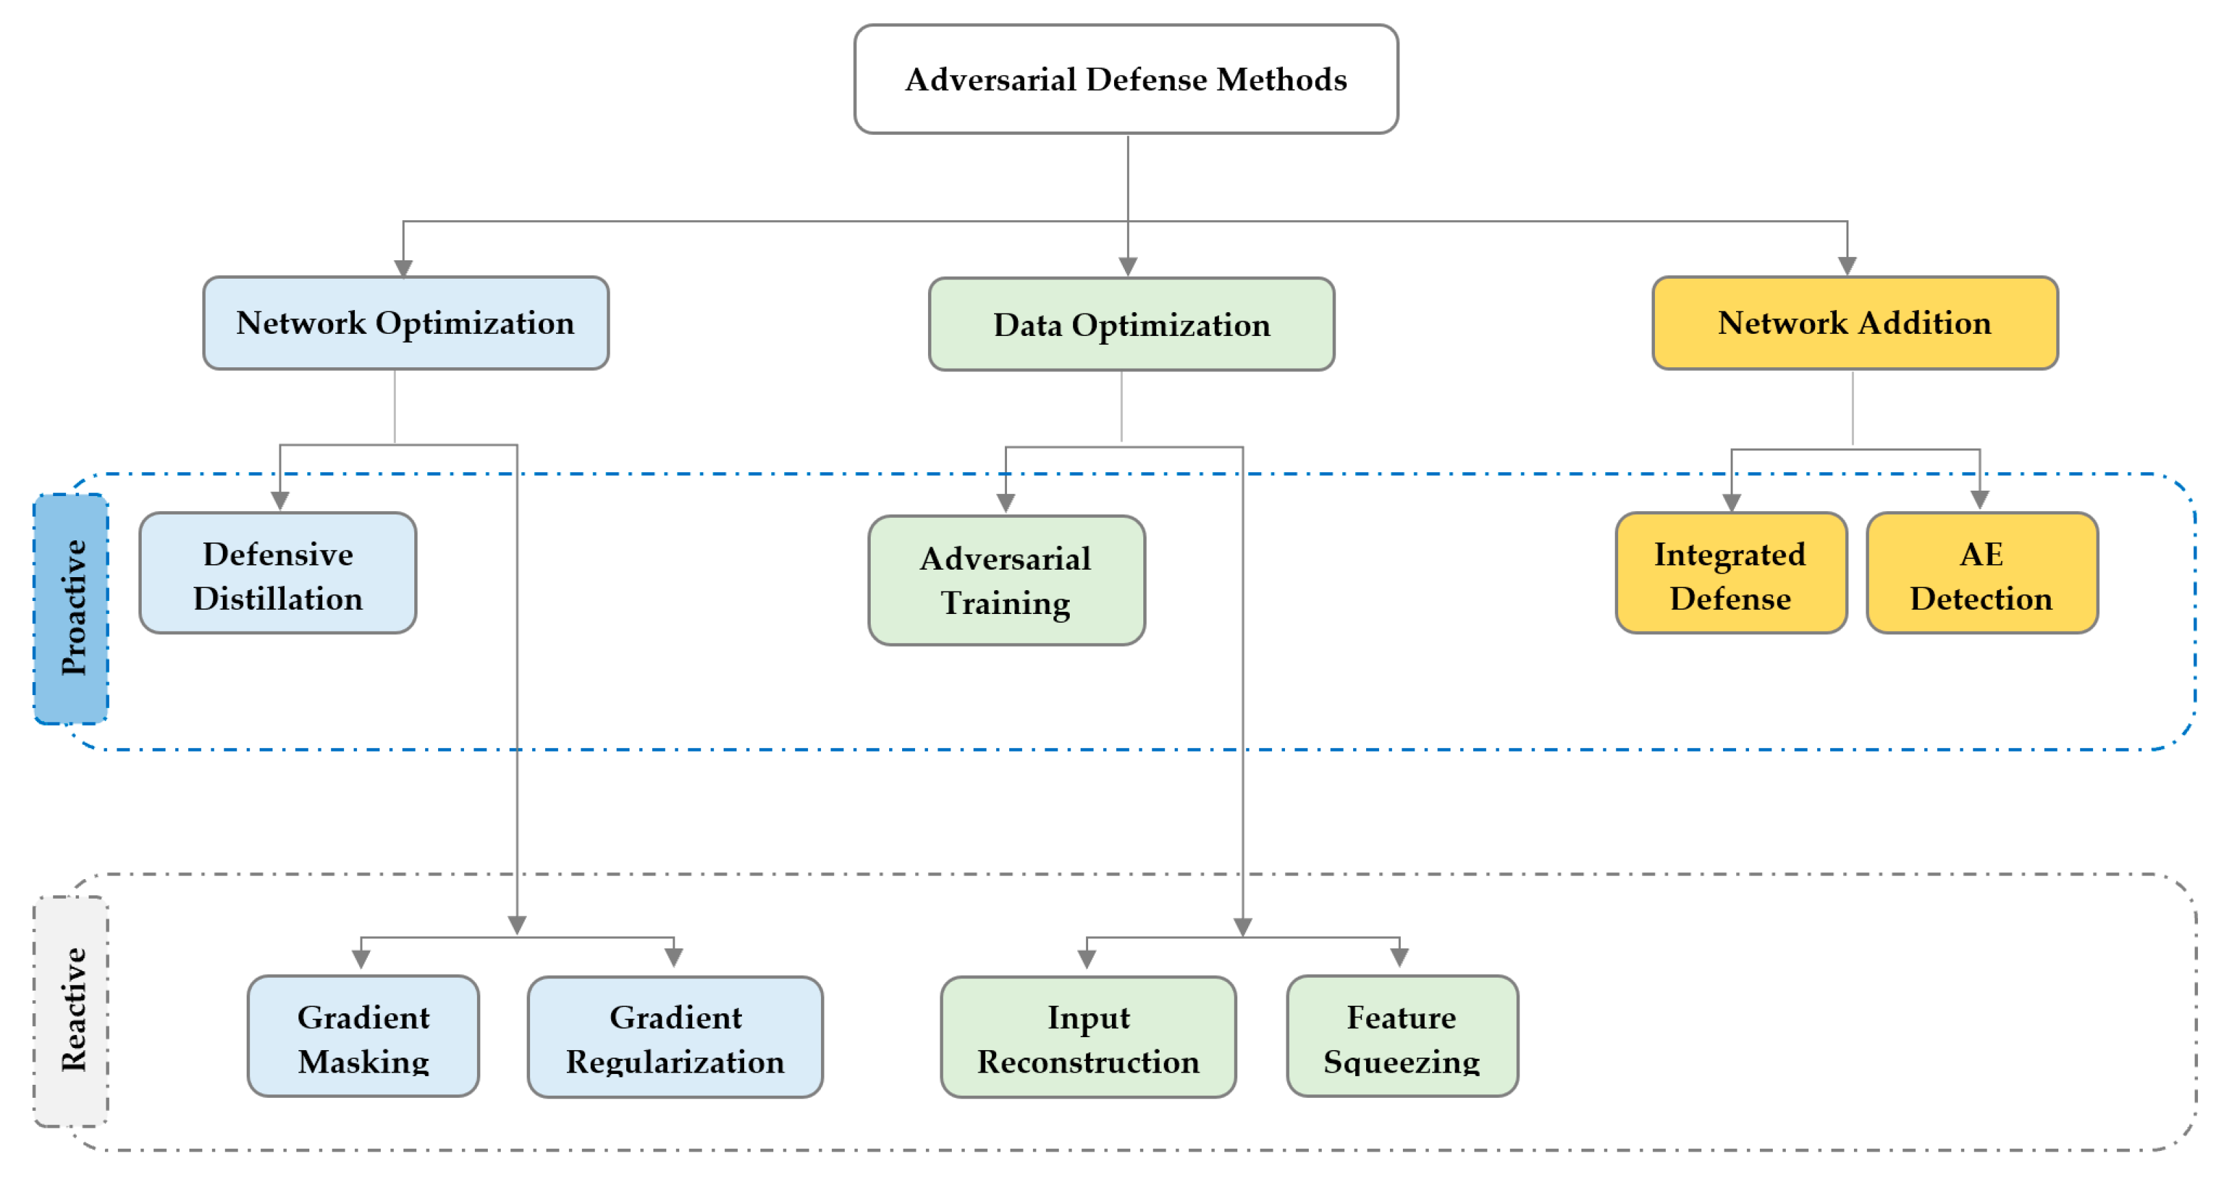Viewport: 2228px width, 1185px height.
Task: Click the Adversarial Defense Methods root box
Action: (1126, 80)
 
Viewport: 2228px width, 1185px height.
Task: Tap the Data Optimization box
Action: (1130, 325)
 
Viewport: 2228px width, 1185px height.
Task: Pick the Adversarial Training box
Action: (1006, 581)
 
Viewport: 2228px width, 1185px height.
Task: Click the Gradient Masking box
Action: (363, 1037)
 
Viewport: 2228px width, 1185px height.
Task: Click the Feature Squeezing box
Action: (1402, 1037)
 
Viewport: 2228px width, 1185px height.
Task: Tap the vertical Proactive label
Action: (72, 608)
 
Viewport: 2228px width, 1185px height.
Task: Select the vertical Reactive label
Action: (72, 1011)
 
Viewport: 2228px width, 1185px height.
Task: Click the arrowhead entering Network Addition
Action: (1847, 266)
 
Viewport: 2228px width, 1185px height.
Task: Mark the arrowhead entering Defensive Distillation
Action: (279, 502)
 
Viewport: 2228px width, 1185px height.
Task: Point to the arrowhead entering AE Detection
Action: (1980, 501)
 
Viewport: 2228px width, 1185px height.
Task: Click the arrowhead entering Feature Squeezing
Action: (1399, 957)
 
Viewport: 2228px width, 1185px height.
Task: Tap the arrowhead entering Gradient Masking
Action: (362, 958)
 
